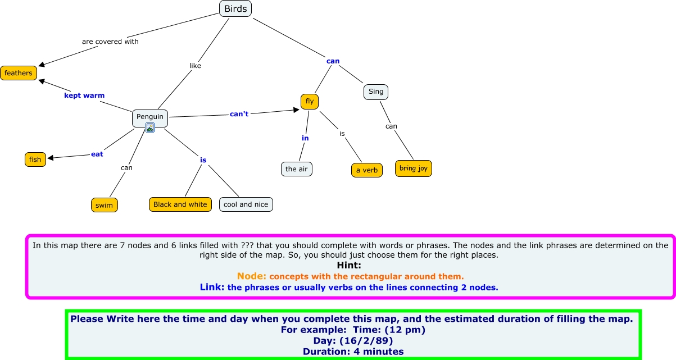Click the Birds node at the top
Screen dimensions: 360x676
235,8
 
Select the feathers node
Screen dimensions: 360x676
19,73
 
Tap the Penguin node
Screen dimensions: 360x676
150,117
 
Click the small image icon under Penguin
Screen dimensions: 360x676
150,128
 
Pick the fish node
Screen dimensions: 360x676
35,160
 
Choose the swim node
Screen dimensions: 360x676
104,205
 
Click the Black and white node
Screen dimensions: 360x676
180,204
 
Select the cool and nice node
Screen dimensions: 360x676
246,204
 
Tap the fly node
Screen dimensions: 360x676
310,102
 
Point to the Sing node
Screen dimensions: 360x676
376,92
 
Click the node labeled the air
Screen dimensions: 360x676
297,169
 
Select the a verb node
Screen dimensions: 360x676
367,170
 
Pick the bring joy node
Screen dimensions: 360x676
414,168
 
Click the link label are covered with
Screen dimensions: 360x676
110,42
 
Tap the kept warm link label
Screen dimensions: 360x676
84,95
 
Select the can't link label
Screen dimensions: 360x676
239,114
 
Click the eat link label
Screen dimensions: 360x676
97,154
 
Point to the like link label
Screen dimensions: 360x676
195,66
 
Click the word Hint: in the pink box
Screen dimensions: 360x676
349,265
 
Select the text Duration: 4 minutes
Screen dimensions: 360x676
353,352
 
